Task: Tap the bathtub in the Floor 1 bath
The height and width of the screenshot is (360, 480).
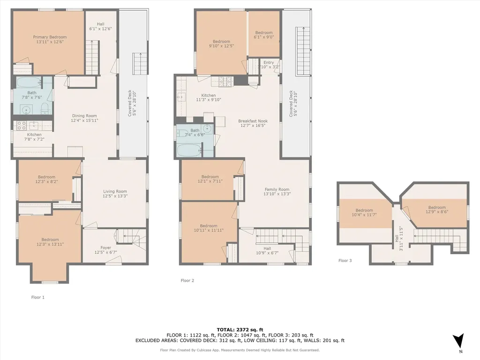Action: click(x=29, y=82)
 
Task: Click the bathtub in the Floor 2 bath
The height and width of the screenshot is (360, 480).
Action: click(x=188, y=150)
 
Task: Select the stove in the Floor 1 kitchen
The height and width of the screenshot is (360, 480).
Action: click(x=21, y=125)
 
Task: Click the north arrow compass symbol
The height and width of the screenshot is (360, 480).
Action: click(x=458, y=341)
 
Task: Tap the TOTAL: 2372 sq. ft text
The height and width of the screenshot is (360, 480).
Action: click(x=240, y=330)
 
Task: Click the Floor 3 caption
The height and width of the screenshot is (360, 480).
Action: click(x=345, y=261)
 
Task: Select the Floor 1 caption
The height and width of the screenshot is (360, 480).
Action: click(x=37, y=297)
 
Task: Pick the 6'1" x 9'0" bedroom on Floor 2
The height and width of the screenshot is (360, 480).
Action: click(x=264, y=35)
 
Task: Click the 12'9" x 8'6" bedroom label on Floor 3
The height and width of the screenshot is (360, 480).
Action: click(x=437, y=210)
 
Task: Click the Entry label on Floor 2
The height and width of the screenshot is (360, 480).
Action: click(x=269, y=62)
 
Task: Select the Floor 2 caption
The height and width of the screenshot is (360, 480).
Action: click(x=187, y=280)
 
